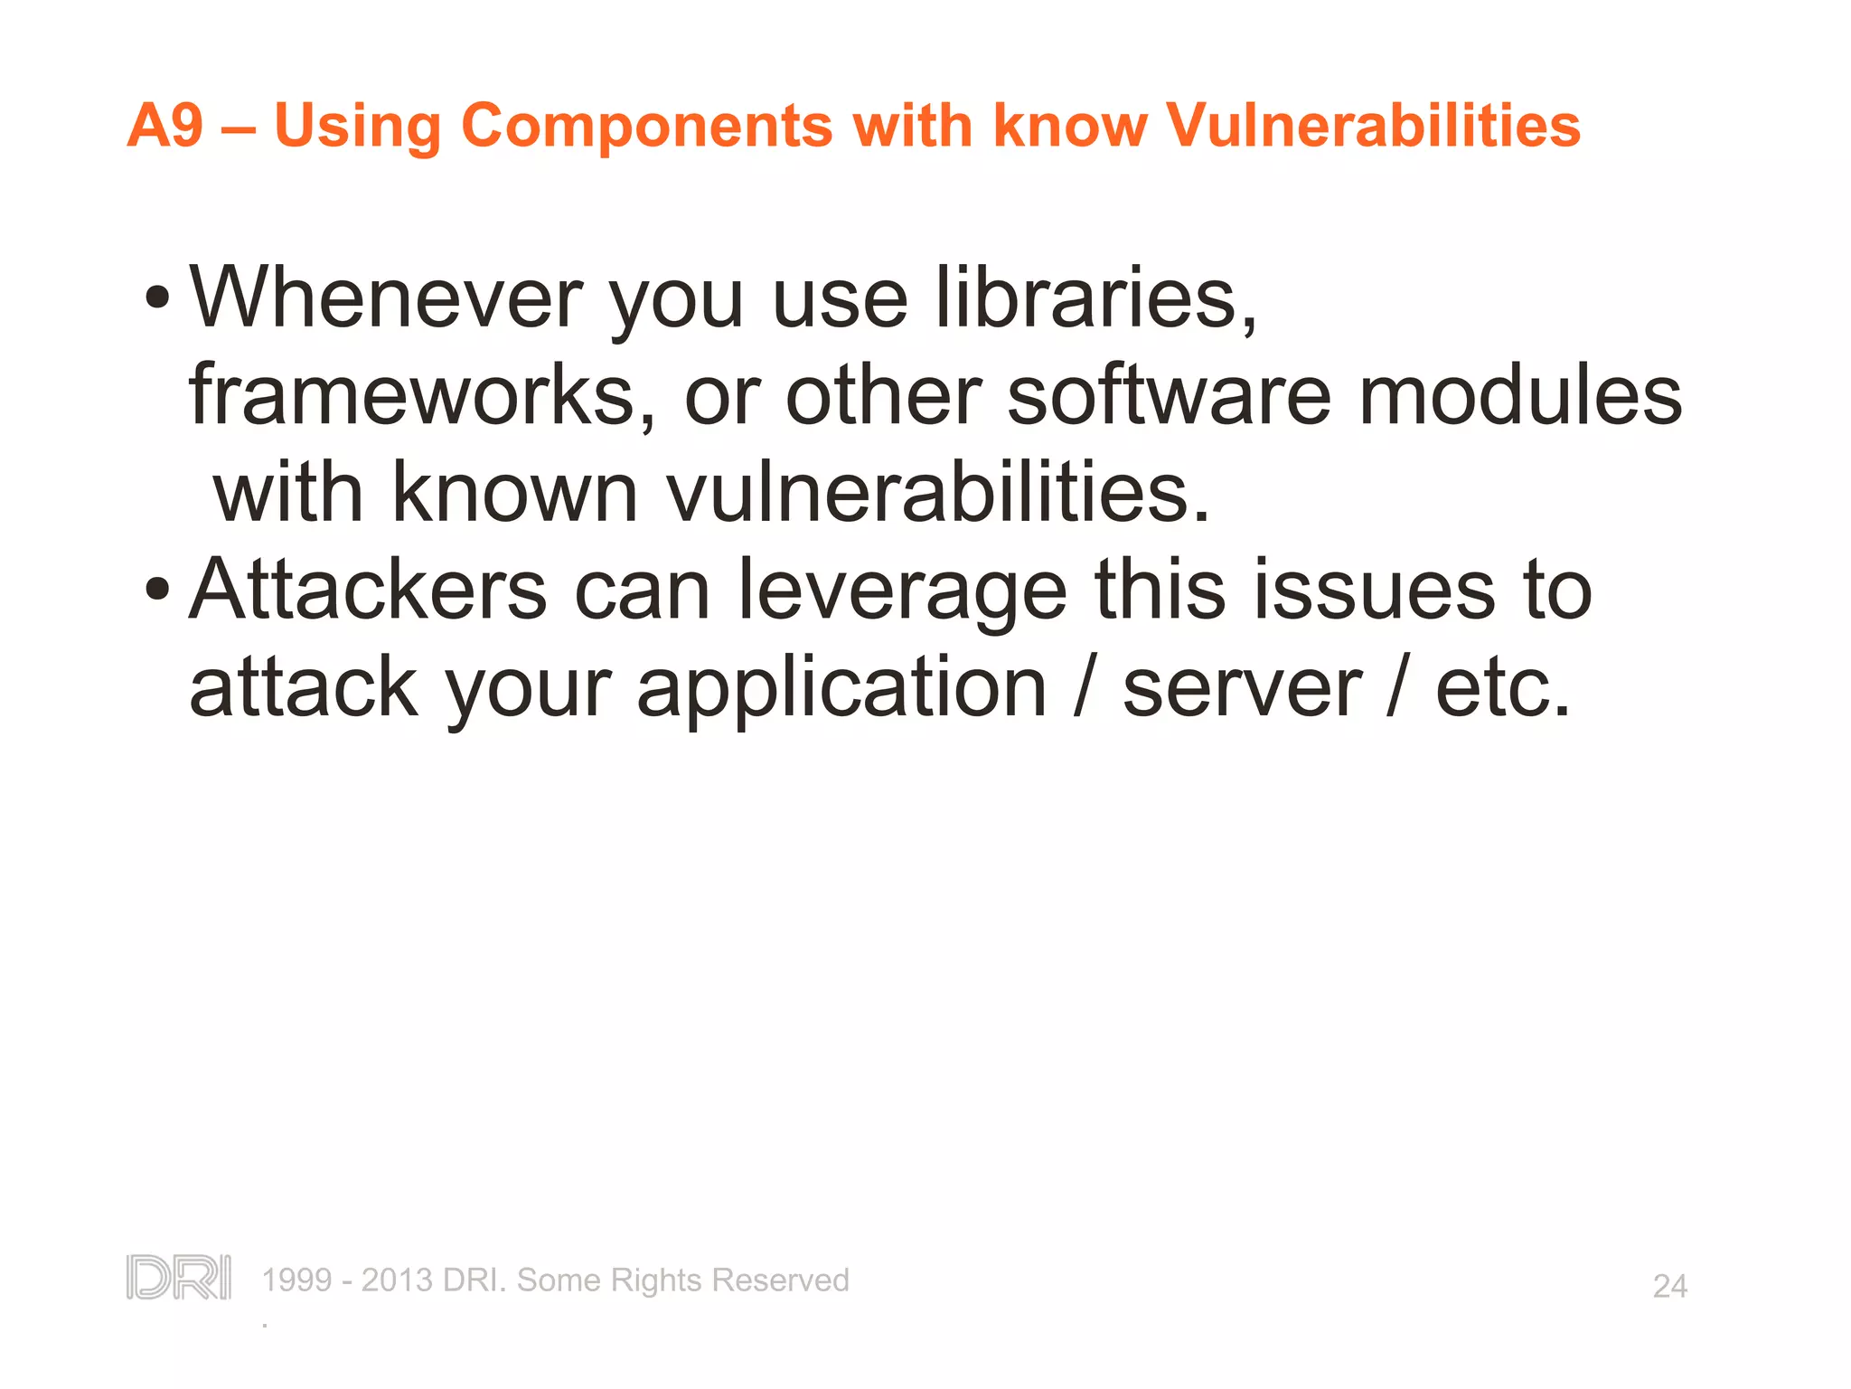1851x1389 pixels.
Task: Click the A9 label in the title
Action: click(164, 125)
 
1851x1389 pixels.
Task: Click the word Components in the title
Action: click(646, 125)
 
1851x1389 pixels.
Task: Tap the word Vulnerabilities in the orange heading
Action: click(1373, 125)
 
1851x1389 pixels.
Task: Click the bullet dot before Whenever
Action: click(157, 298)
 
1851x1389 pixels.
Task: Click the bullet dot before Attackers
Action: click(157, 590)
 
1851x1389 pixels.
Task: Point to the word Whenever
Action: click(386, 298)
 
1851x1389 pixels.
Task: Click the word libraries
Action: click(1095, 298)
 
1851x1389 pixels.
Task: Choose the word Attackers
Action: click(367, 590)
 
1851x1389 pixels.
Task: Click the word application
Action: click(841, 689)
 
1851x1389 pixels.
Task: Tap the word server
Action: click(1242, 689)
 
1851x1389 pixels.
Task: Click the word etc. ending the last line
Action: click(1502, 689)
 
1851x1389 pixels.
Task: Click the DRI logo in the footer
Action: click(178, 1278)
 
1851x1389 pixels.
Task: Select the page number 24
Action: click(1669, 1286)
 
